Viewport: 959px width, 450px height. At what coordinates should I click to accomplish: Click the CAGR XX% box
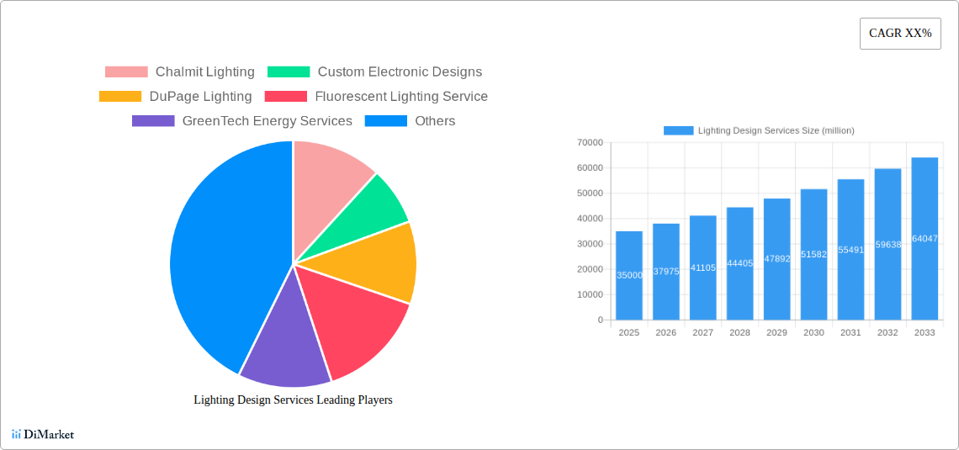pos(899,34)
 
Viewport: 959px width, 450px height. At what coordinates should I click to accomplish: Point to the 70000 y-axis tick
pos(589,143)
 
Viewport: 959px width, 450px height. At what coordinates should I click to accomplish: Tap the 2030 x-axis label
pos(813,333)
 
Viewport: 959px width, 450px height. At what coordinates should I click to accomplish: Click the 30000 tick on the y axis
pos(589,244)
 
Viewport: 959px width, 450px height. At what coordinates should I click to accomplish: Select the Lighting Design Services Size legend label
pos(776,130)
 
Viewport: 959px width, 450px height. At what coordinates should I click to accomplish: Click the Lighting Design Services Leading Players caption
pos(293,400)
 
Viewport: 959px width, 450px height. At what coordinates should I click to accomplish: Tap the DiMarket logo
pos(43,435)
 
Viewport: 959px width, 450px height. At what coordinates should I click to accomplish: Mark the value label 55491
pos(850,250)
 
